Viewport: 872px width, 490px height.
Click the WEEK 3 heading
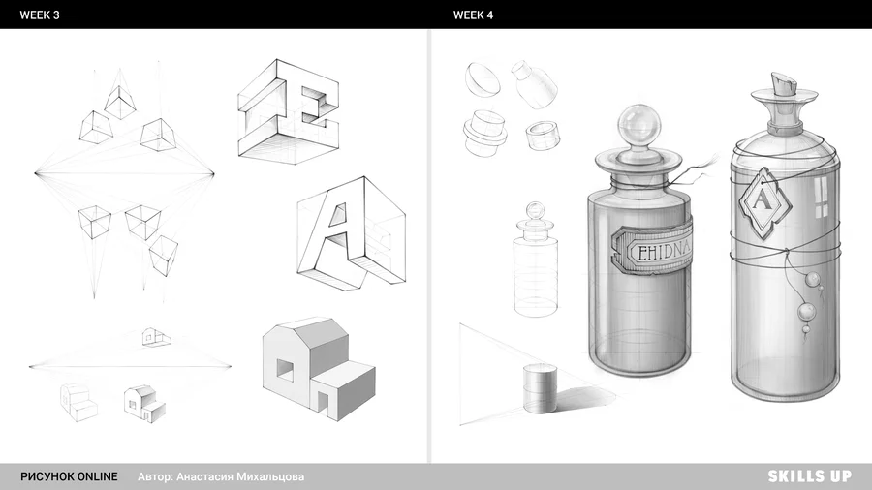click(x=40, y=15)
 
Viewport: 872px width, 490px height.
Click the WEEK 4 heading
click(x=473, y=15)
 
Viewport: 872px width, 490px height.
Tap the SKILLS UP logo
click(x=810, y=476)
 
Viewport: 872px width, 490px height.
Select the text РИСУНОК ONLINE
click(x=69, y=476)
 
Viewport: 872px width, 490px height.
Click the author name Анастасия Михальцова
click(x=240, y=476)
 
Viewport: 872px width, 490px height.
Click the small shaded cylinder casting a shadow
click(x=540, y=388)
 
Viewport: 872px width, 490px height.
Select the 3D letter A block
click(x=351, y=233)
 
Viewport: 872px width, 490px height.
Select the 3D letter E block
click(x=289, y=111)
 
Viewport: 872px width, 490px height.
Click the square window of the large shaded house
click(x=285, y=370)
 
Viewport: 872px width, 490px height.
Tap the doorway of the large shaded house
click(x=323, y=401)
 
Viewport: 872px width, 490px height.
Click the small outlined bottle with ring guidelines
click(x=535, y=259)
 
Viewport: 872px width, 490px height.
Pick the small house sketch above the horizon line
click(x=155, y=337)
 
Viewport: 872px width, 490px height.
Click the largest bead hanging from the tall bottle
click(x=807, y=312)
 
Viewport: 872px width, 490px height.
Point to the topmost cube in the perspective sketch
click(x=120, y=102)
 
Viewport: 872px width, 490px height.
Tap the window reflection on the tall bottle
click(x=822, y=198)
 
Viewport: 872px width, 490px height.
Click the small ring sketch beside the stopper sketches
click(x=543, y=136)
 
